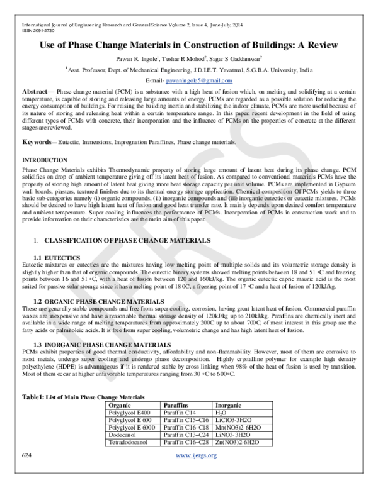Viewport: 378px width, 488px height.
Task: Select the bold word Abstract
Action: (38, 92)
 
